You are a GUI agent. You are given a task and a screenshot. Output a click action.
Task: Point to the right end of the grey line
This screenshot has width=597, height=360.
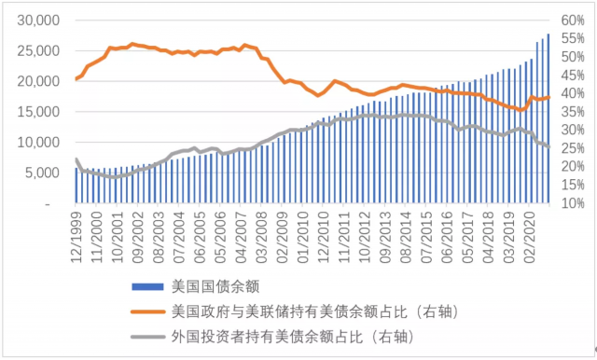(548, 147)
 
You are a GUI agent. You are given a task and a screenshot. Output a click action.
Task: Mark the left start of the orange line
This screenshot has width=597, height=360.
(76, 79)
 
